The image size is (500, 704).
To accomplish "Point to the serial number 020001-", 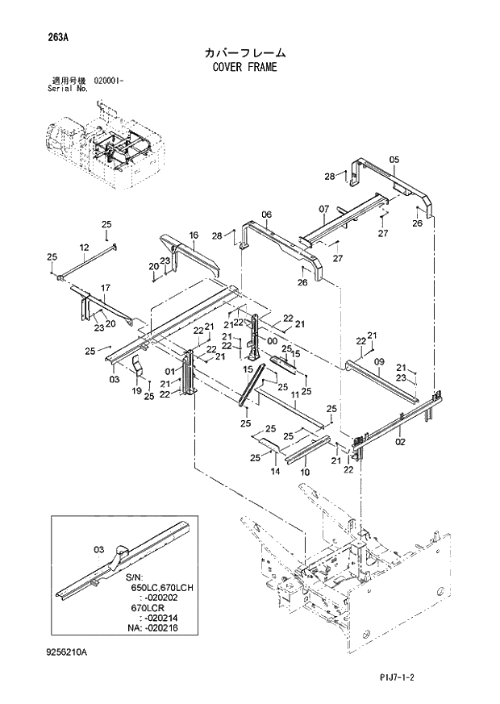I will click(x=108, y=81).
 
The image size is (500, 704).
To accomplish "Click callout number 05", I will click(x=394, y=160).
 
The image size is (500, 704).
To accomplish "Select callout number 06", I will click(x=266, y=214).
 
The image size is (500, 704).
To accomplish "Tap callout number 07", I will click(x=323, y=209).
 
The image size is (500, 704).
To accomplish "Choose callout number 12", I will click(x=84, y=247).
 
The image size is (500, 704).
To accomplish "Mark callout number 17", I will click(x=105, y=288).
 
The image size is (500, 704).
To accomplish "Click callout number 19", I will click(x=135, y=390).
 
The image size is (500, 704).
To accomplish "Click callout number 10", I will click(x=305, y=471).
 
